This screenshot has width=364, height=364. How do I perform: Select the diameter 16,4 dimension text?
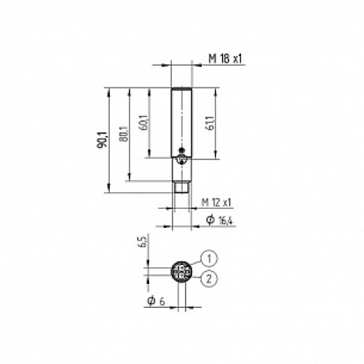pos(218,220)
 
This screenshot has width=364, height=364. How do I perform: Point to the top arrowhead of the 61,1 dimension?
pos(216,92)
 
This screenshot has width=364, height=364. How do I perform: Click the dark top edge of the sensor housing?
pos(181,90)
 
